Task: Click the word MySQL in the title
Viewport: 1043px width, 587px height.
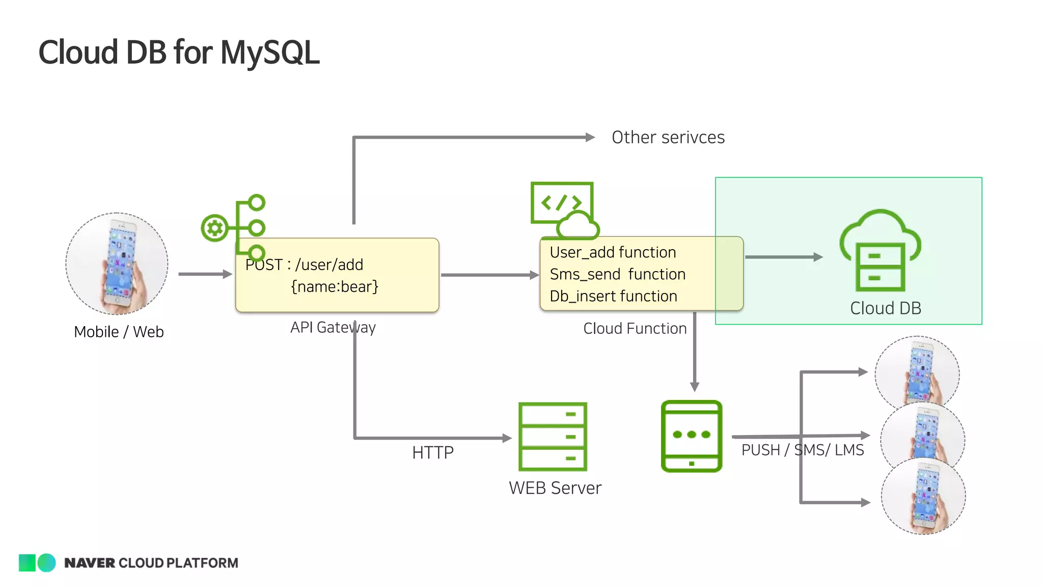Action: click(269, 52)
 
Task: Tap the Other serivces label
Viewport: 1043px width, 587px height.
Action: click(668, 138)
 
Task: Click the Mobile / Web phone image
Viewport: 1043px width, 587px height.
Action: click(117, 263)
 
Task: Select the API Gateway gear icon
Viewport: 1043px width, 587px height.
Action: click(214, 228)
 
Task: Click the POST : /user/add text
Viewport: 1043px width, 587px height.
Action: click(304, 265)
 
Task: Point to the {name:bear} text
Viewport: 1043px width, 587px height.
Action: click(335, 287)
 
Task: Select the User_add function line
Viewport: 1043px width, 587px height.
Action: click(613, 253)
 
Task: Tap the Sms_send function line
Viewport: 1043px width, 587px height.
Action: click(617, 275)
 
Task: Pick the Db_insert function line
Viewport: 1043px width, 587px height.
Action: click(613, 297)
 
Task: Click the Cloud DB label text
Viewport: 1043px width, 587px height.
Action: click(885, 309)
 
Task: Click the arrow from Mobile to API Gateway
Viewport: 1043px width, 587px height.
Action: click(205, 274)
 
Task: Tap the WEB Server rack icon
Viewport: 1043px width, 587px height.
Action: click(553, 437)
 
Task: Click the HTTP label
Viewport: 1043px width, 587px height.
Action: click(432, 453)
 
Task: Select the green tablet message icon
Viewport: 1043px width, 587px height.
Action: click(691, 436)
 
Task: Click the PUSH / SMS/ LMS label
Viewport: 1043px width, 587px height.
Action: click(802, 450)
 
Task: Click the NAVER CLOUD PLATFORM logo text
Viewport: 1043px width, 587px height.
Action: click(151, 563)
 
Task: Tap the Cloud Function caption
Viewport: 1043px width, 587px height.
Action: click(635, 329)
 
